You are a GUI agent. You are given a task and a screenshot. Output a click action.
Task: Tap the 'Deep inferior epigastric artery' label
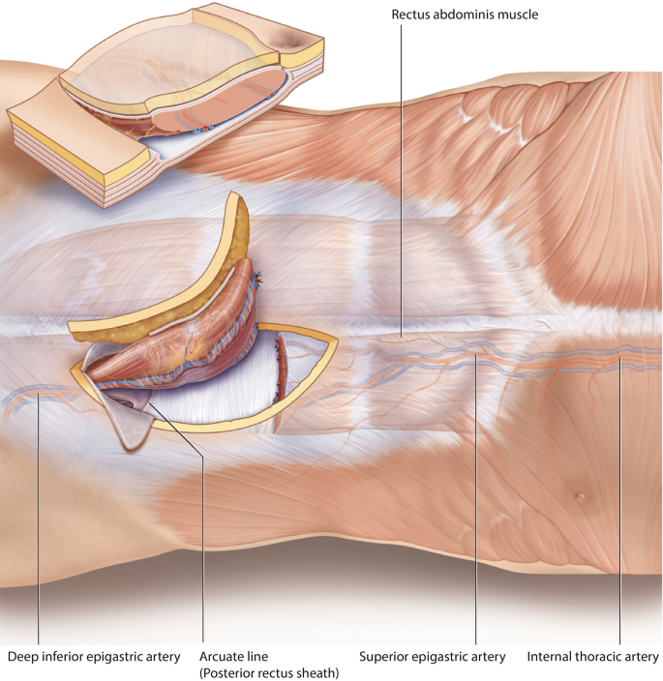click(94, 657)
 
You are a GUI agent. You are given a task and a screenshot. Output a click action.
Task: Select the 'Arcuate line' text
click(230, 657)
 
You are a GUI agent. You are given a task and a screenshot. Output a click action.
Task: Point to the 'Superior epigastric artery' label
click(432, 657)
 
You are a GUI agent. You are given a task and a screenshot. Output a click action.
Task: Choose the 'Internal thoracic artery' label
click(591, 657)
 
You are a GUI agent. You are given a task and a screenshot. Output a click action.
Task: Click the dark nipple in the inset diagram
click(291, 37)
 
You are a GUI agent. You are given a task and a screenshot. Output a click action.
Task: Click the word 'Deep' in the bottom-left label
click(23, 657)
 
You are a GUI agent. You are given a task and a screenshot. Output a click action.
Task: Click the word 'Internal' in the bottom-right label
click(548, 657)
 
